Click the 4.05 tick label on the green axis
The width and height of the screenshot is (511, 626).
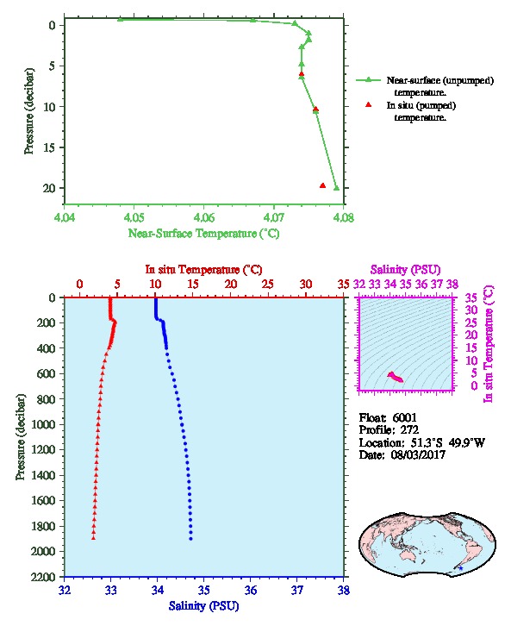coord(134,217)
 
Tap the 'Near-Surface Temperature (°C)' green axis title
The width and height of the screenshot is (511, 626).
coord(203,233)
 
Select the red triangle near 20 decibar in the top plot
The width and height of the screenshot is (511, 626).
coord(323,185)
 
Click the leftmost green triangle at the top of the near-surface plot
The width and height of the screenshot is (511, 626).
coord(120,19)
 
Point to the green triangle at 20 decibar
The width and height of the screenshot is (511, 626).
coord(337,188)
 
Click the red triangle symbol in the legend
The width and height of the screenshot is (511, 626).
coord(369,104)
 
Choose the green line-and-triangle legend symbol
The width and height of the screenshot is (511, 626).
coord(369,80)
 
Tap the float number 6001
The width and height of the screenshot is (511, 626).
coord(404,417)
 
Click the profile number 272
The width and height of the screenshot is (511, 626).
coord(409,430)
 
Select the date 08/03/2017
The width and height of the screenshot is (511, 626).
coord(418,454)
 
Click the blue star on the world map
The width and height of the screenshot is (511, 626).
coord(461,567)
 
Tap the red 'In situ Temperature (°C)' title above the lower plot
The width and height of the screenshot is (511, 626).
coord(203,270)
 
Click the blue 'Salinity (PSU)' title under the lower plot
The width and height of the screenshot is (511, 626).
coord(203,606)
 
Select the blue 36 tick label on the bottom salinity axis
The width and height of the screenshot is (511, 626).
coord(251,590)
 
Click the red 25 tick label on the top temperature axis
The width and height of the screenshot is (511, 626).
coord(268,285)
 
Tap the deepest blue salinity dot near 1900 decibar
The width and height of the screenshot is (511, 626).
coord(190,539)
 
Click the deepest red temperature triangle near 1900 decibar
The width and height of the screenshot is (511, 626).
coord(93,538)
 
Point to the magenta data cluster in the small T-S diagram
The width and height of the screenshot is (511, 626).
coord(396,377)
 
